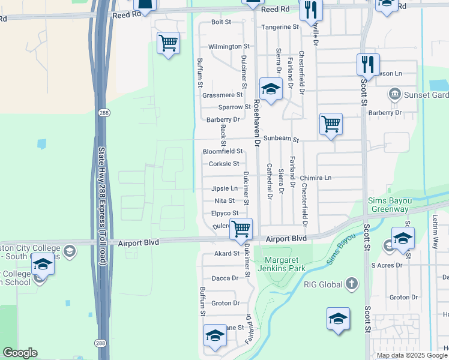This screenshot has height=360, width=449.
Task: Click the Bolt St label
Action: tap(221, 22)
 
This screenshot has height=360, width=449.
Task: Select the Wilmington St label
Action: tap(228, 46)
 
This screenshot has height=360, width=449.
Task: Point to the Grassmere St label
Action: tap(222, 95)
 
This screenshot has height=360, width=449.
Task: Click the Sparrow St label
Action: tap(234, 107)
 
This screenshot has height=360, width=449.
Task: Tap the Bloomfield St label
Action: tap(222, 151)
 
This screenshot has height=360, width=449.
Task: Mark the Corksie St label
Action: tap(224, 164)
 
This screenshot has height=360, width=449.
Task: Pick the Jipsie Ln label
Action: tap(224, 188)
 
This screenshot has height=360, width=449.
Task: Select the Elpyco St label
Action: tap(225, 212)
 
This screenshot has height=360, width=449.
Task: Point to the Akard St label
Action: tap(227, 254)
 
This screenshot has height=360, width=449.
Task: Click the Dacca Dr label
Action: tap(226, 278)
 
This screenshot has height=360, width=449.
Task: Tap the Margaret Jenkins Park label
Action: tap(280, 262)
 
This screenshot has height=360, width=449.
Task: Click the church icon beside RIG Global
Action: tap(352, 283)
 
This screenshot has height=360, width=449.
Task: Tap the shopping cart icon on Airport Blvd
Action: tap(241, 228)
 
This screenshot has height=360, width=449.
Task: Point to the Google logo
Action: tap(20, 353)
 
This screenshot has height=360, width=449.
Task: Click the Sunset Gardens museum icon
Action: tap(395, 94)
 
